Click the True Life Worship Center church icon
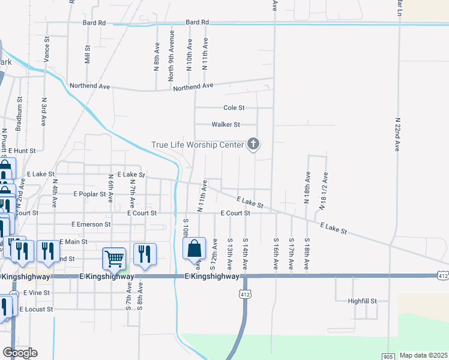point(253,144)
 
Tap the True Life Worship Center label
point(197,145)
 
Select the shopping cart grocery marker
point(114,259)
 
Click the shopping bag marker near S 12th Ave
point(194,249)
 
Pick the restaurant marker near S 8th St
point(145,254)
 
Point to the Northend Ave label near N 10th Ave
point(193,87)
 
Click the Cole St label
point(234,108)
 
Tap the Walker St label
point(226,125)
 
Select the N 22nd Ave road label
point(397,134)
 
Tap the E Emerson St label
point(91,224)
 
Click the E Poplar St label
point(89,194)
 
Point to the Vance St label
point(46,53)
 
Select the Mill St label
point(88,55)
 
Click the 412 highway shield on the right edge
point(443,276)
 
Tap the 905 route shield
point(385,356)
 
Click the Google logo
point(20,353)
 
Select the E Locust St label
point(36,310)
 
